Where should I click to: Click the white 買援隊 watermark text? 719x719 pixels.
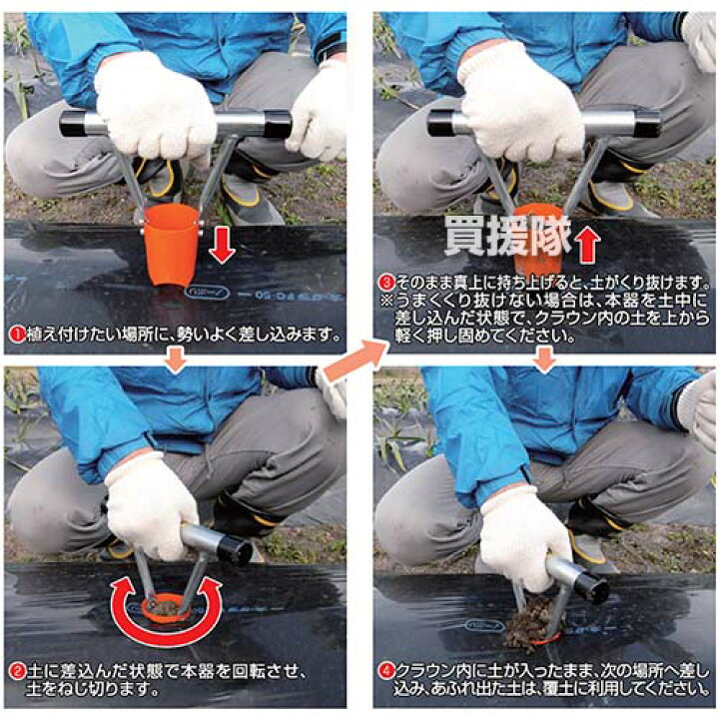point(507,236)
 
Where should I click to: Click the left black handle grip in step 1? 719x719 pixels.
point(72,124)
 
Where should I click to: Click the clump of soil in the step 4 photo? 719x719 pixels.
point(527,627)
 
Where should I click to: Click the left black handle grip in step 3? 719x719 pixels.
point(439,123)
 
